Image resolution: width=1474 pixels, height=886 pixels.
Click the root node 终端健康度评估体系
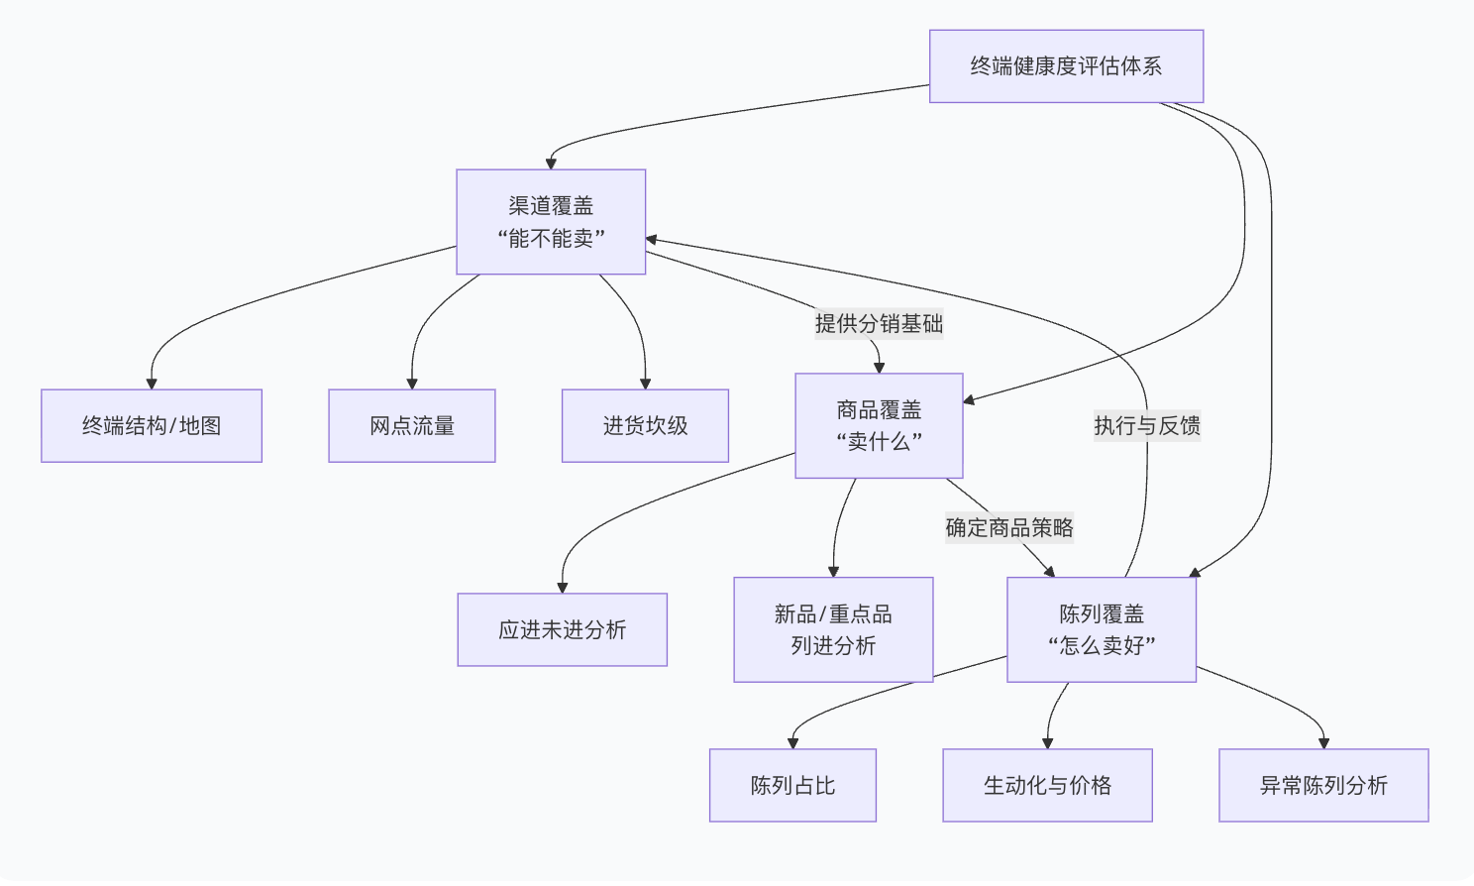point(1066,66)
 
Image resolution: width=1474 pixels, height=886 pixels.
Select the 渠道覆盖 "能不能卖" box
point(551,222)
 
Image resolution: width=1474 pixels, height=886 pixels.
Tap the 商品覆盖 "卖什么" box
point(879,426)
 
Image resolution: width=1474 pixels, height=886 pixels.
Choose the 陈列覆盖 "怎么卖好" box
point(1102,630)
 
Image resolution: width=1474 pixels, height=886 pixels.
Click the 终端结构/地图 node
point(152,426)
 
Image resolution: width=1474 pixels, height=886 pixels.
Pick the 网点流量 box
point(412,426)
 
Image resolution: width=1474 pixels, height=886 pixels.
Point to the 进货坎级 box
point(645,426)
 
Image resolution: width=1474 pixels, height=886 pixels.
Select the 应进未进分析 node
point(562,630)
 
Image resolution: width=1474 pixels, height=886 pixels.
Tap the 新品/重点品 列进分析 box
point(833,630)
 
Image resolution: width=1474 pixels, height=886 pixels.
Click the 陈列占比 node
point(792,786)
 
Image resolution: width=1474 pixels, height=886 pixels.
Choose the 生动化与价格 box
point(1047,786)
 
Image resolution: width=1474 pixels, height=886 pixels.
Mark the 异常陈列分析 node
point(1323,786)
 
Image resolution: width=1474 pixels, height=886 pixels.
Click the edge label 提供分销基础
point(879,324)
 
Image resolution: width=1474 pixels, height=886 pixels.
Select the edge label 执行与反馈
point(1147,426)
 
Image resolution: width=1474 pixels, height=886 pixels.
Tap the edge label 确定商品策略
point(1009,528)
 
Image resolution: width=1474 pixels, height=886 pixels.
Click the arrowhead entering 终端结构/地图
point(152,384)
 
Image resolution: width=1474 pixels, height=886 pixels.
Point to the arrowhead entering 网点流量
point(412,384)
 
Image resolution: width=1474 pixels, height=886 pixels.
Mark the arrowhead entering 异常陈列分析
point(1323,743)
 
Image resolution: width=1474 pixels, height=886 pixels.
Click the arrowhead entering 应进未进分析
point(562,588)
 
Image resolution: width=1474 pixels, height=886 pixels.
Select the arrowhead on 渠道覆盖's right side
point(652,239)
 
